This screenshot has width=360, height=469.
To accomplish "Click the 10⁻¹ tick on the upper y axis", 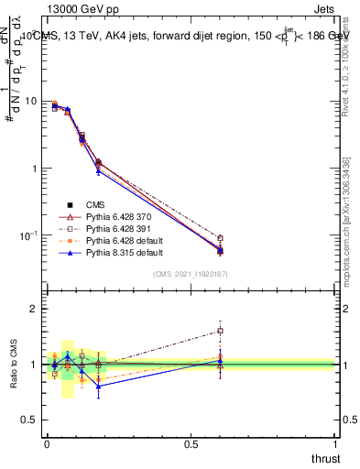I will point(29,235).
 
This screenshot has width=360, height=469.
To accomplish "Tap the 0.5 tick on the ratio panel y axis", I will point(31,420).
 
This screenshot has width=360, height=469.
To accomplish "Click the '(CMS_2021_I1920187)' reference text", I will point(191,273).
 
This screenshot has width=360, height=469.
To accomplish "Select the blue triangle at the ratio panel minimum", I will point(98,386).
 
